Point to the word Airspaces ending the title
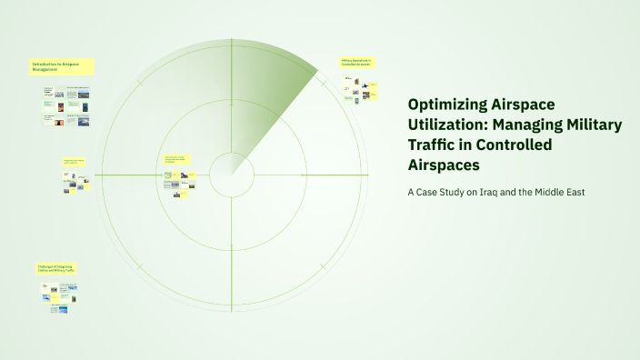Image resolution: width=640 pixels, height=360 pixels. coord(444,165)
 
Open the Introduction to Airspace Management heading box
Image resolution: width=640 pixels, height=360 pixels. coord(62,66)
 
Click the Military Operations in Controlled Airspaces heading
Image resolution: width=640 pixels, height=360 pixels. coord(357,63)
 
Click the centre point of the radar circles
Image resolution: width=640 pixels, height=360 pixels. coord(231,174)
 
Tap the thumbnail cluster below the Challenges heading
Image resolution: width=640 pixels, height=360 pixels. coord(58,298)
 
